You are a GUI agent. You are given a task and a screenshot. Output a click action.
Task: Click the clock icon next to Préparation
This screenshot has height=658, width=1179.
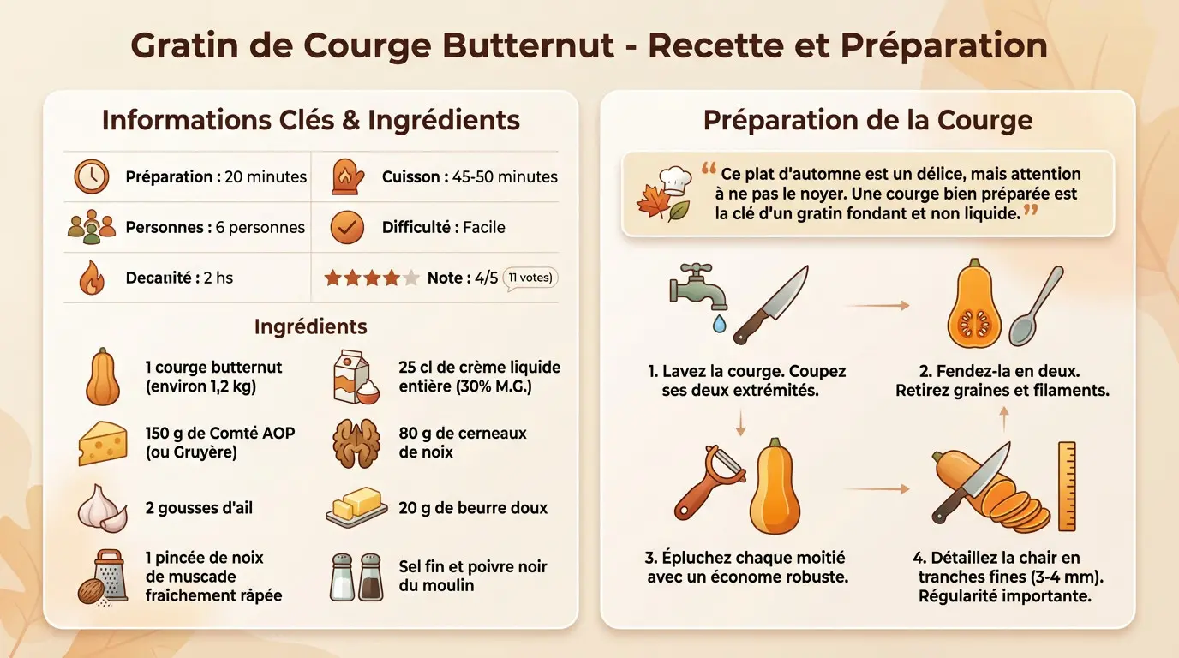[x=91, y=176]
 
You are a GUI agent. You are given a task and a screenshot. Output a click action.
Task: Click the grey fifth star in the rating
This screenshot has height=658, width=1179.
[x=411, y=278]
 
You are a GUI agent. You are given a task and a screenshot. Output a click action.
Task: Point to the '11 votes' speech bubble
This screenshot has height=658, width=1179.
[x=530, y=278]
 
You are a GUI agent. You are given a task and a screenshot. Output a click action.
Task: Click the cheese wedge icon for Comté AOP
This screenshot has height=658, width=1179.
[x=102, y=444]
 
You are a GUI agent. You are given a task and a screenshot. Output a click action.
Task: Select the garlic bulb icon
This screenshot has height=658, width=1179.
[x=102, y=507]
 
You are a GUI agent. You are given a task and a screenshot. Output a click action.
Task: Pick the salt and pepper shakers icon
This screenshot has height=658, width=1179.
[x=356, y=576]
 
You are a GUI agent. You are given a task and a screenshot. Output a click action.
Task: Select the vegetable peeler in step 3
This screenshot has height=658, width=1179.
[x=708, y=485]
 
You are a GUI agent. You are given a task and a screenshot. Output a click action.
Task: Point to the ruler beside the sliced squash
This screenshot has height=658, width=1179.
[x=1067, y=486]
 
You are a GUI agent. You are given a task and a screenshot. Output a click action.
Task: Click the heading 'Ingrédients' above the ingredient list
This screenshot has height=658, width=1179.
[x=310, y=326]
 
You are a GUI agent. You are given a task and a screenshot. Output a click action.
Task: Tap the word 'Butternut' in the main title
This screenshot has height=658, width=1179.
[x=540, y=45]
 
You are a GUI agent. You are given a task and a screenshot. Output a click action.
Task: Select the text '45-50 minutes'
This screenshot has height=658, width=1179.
[x=505, y=177]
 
